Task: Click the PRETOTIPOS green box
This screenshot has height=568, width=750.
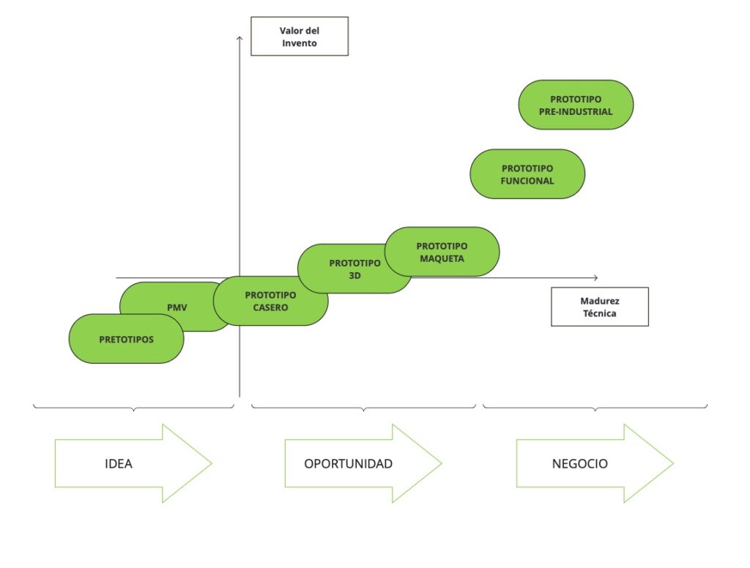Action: coord(126,339)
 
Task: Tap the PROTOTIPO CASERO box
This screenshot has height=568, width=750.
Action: coord(270,301)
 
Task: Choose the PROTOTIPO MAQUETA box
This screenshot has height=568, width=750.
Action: coord(442,252)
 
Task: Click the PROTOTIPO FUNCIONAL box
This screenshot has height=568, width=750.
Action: coord(527,174)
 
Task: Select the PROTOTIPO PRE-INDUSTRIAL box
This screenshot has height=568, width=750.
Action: coord(575,105)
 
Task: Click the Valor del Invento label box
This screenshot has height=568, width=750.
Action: coord(299,37)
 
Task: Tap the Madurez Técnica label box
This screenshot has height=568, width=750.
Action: coord(599,307)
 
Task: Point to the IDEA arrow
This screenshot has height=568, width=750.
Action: coord(132,463)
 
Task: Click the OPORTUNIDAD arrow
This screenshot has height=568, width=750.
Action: coord(363,463)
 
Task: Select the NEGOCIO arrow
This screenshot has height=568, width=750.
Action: coord(594,463)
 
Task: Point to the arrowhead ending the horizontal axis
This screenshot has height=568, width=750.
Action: coord(595,277)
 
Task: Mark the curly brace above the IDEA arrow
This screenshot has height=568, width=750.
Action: coord(133,407)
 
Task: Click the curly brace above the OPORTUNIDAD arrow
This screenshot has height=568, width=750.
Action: coord(363,407)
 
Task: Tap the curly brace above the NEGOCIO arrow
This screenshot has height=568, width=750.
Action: coord(595,407)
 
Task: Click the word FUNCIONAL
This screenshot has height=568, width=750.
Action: coord(527,181)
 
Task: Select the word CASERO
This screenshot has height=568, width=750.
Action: coord(270,307)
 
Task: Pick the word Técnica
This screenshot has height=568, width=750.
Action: coord(599,313)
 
